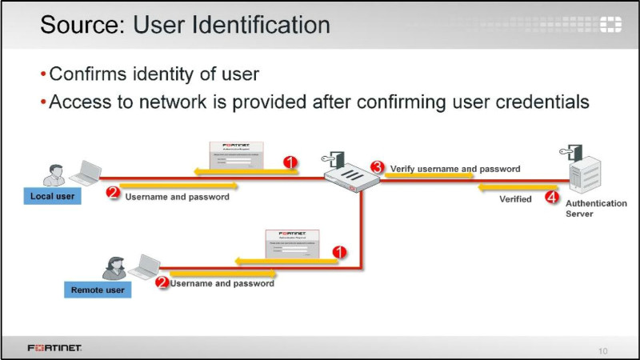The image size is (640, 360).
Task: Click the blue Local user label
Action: click(53, 196)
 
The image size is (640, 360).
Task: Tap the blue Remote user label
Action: click(98, 290)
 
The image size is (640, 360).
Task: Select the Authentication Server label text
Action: click(596, 209)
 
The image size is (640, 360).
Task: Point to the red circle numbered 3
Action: click(377, 167)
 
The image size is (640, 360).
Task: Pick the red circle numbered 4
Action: click(550, 196)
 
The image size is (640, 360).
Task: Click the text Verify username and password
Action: click(454, 170)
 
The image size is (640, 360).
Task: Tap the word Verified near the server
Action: click(515, 198)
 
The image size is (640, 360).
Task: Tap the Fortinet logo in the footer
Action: click(54, 349)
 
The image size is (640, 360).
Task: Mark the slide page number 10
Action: click(603, 350)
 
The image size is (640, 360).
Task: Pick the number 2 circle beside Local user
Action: click(113, 193)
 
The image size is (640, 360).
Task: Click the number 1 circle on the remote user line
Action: click(339, 251)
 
